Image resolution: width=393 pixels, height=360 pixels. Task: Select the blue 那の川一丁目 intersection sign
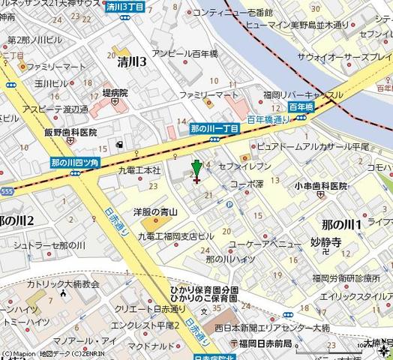coord(214,129)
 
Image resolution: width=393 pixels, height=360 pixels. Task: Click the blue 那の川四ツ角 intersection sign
coord(75,162)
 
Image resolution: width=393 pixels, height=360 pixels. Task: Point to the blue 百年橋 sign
coord(300,107)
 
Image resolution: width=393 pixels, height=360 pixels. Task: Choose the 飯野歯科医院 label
coord(70,131)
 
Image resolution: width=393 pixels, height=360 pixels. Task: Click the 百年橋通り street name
coord(268,119)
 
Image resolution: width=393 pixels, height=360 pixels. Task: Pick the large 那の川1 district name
coord(342,224)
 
